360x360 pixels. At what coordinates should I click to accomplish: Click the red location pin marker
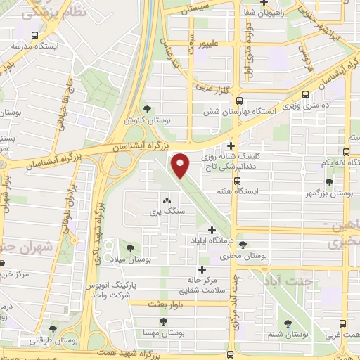point(181,165)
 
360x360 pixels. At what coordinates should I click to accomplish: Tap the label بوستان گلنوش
point(148,120)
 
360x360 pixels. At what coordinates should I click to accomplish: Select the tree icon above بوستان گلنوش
point(148,109)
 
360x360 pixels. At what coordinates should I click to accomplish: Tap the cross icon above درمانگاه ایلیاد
point(212,230)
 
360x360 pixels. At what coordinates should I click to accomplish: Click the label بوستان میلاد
point(131,259)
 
